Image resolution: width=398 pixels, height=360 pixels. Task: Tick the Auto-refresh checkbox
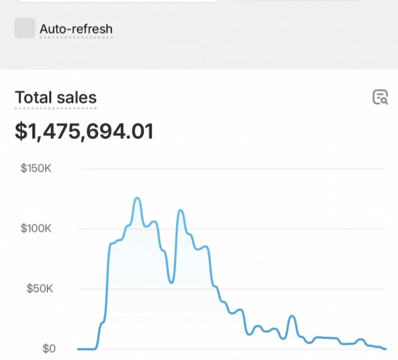(25, 28)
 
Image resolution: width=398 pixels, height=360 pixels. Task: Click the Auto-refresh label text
(76, 29)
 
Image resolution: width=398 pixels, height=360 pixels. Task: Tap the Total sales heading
(56, 97)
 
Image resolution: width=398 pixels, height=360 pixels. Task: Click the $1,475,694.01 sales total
(84, 131)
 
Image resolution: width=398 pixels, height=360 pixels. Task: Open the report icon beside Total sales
(380, 97)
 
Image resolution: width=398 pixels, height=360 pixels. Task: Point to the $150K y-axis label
(36, 168)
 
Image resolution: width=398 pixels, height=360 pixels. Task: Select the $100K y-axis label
(36, 228)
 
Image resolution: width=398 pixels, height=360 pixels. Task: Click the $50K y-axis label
(39, 289)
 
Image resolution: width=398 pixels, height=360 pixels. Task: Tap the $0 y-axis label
(49, 349)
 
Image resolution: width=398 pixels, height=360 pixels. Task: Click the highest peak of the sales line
(137, 198)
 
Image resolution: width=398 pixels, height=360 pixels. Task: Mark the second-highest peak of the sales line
(181, 210)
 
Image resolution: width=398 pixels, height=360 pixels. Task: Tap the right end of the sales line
(385, 349)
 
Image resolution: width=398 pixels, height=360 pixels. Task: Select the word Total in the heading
(32, 97)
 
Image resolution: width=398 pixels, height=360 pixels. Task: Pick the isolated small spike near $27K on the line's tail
(292, 316)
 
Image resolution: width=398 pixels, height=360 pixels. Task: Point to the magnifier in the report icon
(384, 101)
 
